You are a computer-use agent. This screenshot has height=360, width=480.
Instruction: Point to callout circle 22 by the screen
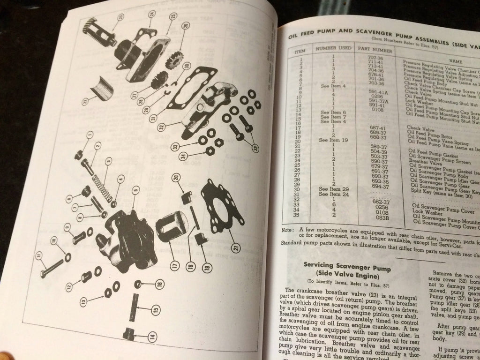pyautogui.click(x=85, y=101)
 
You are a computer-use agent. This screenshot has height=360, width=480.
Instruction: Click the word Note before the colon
pyautogui.click(x=287, y=230)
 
